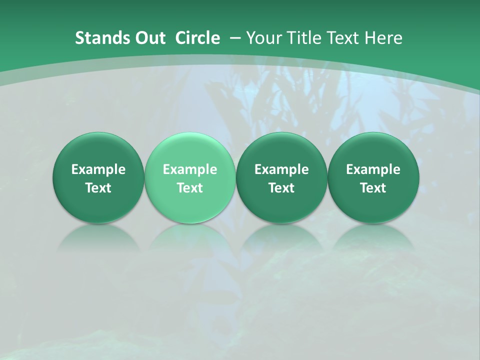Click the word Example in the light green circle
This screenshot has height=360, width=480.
pyautogui.click(x=190, y=170)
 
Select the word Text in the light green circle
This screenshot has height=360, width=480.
pyautogui.click(x=190, y=188)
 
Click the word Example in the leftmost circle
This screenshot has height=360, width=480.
pyautogui.click(x=98, y=170)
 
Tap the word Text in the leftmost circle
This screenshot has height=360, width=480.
pyautogui.click(x=98, y=188)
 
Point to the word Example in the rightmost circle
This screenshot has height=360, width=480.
pyautogui.click(x=373, y=170)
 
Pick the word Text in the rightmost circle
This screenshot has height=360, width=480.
pyautogui.click(x=373, y=188)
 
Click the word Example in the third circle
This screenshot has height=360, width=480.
pyautogui.click(x=281, y=170)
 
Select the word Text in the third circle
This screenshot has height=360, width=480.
pyautogui.click(x=281, y=188)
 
